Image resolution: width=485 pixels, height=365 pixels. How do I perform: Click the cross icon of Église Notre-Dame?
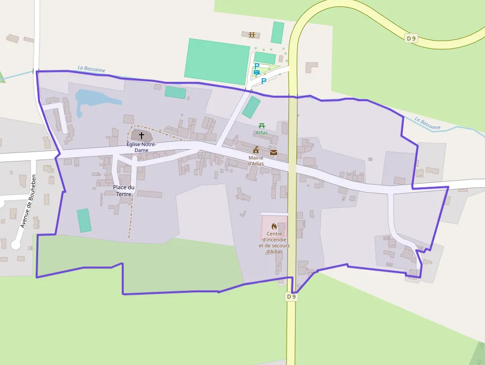click(x=142, y=135)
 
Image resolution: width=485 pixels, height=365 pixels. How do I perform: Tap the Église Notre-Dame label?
click(x=141, y=147)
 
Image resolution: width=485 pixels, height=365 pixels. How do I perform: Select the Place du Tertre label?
click(x=124, y=191)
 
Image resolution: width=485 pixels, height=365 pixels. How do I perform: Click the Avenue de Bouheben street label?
click(x=28, y=201)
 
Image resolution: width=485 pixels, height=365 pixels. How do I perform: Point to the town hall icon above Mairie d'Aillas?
click(x=256, y=150)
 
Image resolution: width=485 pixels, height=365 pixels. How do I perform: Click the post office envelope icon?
click(x=274, y=152)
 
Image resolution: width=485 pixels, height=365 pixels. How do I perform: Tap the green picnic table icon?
click(x=262, y=126)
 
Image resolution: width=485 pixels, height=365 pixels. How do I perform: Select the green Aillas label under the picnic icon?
click(x=262, y=133)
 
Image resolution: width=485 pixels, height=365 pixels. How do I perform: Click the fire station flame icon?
click(x=274, y=226)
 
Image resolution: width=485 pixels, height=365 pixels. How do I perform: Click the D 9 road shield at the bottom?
click(x=291, y=297)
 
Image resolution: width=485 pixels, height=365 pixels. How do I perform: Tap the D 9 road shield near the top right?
click(x=411, y=38)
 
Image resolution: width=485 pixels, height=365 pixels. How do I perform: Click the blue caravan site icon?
click(x=257, y=72)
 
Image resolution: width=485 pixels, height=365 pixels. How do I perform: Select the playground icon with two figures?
click(x=252, y=35)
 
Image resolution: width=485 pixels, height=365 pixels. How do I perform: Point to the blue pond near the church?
click(x=94, y=99)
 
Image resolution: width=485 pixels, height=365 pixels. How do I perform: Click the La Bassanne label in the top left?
click(x=92, y=69)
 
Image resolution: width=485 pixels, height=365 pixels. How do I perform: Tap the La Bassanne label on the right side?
click(x=428, y=123)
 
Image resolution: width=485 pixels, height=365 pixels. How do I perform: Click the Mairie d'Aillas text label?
click(x=256, y=160)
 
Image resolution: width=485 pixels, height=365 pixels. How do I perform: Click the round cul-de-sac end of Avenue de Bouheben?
click(x=16, y=245)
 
